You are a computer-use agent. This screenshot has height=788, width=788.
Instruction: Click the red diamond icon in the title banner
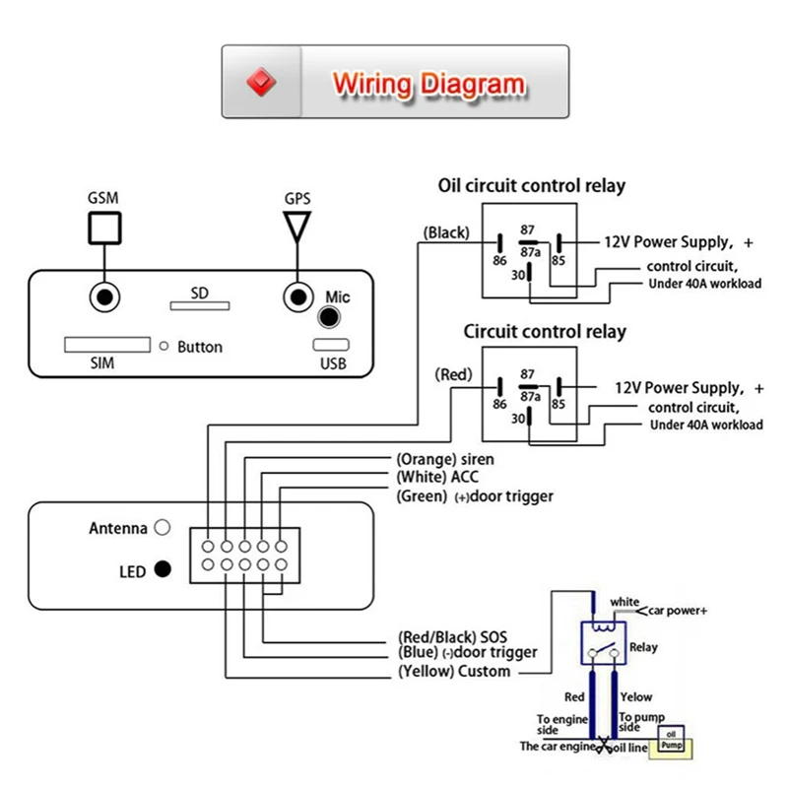click(261, 82)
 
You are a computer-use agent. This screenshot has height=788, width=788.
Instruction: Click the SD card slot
click(200, 305)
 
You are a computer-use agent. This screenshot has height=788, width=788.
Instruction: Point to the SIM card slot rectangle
click(107, 345)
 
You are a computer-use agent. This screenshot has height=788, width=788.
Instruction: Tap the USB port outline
click(331, 345)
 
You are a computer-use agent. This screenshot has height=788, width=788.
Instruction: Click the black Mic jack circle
click(329, 317)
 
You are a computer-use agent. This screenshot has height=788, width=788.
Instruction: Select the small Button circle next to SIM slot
click(164, 346)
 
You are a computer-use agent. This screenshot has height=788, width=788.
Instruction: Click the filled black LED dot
click(163, 569)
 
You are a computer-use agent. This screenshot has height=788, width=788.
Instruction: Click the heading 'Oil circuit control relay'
click(532, 186)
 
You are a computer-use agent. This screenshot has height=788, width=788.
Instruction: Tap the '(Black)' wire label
click(446, 232)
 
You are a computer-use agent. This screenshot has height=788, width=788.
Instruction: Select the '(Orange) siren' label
click(445, 459)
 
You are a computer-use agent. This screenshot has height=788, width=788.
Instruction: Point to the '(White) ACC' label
click(437, 477)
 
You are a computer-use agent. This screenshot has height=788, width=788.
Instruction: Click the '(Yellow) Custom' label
click(454, 672)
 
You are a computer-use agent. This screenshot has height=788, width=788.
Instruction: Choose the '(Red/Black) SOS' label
click(452, 637)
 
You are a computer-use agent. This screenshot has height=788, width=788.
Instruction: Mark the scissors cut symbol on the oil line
click(604, 745)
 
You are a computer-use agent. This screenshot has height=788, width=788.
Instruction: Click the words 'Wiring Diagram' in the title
click(429, 84)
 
